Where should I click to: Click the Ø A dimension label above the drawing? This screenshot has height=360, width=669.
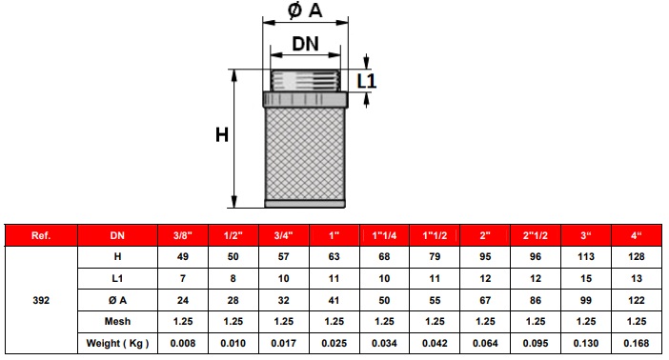pyautogui.click(x=305, y=10)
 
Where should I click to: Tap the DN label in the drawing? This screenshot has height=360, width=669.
pyautogui.click(x=305, y=44)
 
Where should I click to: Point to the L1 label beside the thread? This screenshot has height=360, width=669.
pyautogui.click(x=367, y=81)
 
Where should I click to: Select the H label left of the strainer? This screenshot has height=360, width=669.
pyautogui.click(x=222, y=135)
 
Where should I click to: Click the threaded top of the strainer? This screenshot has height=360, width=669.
pyautogui.click(x=306, y=80)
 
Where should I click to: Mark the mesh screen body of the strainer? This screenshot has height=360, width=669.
pyautogui.click(x=305, y=153)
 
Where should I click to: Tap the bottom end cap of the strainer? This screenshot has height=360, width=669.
pyautogui.click(x=305, y=204)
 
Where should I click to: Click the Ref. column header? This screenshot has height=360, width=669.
pyautogui.click(x=41, y=235)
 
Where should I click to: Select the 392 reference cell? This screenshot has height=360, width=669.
pyautogui.click(x=41, y=300)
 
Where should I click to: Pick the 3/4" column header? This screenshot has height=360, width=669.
pyautogui.click(x=284, y=235)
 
